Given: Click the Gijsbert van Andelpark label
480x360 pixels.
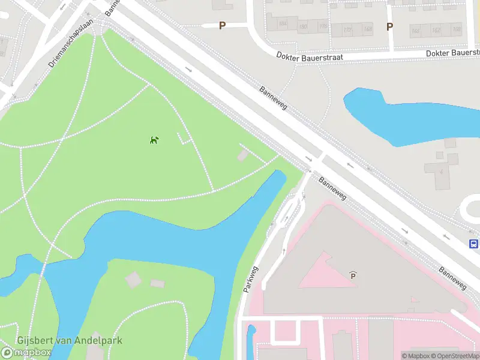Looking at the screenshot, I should coord(70,340).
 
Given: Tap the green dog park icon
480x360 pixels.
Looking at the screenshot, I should coord(154,140).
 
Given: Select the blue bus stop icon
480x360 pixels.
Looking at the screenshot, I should coord(473,244).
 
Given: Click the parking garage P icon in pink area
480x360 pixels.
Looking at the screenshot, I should coord(353,275).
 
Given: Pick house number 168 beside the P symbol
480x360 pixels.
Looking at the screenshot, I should coord(367,29).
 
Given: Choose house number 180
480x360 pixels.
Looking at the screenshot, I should coord(303,27).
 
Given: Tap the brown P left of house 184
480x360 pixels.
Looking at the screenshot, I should coord(222,25).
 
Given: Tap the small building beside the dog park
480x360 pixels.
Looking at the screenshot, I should coord(242,156).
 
